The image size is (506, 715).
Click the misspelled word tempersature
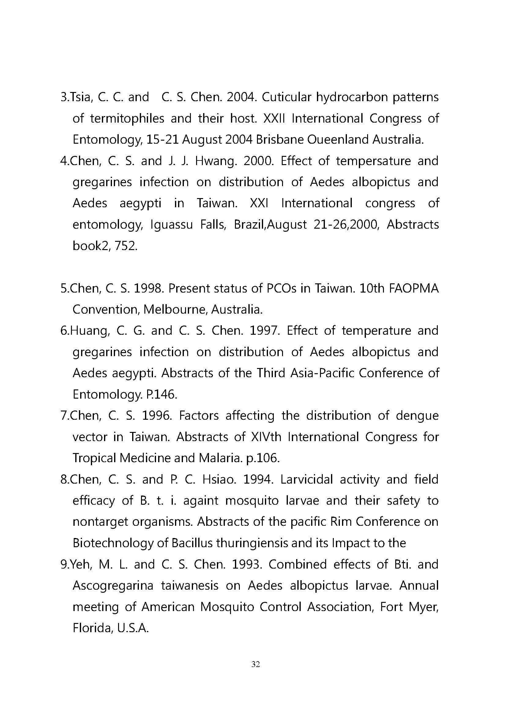coord(374,161)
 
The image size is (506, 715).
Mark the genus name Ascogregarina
coord(113,585)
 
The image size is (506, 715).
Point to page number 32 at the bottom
coord(255,664)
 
